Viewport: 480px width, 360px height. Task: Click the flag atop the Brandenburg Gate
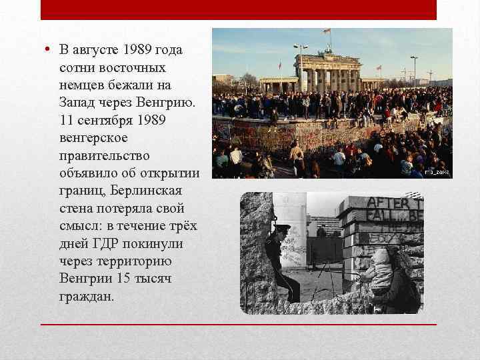pyautogui.click(x=327, y=31)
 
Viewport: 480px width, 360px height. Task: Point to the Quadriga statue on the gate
pyautogui.click(x=328, y=49)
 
